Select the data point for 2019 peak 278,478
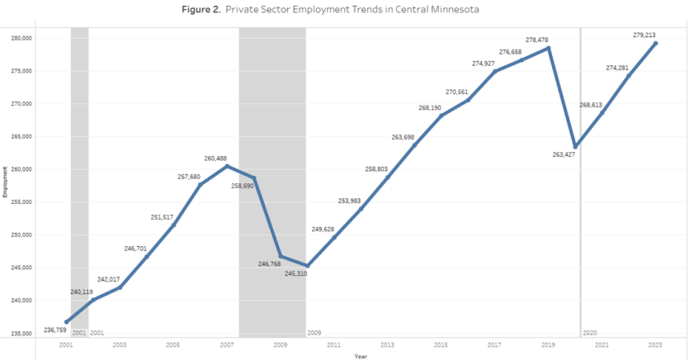[549, 48]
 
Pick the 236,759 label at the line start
[56, 329]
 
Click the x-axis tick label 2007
[226, 344]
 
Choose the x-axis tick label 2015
[441, 344]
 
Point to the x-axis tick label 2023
[655, 344]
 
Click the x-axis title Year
[361, 356]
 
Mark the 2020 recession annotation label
[590, 332]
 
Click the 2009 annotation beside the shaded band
[314, 332]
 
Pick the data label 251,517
[162, 216]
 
